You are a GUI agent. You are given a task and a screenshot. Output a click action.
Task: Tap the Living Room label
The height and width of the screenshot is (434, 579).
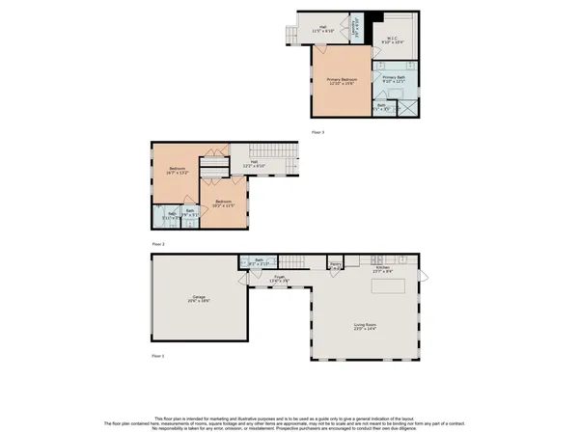[x=364, y=327]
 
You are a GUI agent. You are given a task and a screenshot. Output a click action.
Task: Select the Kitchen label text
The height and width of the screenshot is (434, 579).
[x=369, y=269]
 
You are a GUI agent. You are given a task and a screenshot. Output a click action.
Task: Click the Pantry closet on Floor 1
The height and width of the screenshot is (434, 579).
[x=335, y=264]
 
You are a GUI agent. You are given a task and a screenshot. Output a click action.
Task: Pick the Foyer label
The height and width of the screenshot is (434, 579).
[x=279, y=280]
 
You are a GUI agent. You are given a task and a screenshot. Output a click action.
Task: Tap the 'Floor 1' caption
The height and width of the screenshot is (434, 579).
[x=158, y=356]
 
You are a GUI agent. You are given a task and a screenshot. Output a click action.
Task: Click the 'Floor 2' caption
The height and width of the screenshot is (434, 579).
[x=158, y=244]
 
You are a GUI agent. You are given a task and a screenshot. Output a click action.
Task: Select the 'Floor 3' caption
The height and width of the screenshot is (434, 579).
[x=317, y=130]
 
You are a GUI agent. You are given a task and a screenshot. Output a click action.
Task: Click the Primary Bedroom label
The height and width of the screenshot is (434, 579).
[x=342, y=81]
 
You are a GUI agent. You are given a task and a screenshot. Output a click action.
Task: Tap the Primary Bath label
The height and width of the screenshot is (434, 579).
[x=395, y=79]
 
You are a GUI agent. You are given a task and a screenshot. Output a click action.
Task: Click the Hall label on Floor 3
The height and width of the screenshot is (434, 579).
[x=323, y=30]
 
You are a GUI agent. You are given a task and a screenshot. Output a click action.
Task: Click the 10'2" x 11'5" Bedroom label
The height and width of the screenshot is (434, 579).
[x=224, y=203]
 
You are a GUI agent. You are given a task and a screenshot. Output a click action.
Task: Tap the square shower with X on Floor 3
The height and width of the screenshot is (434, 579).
[x=408, y=107]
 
